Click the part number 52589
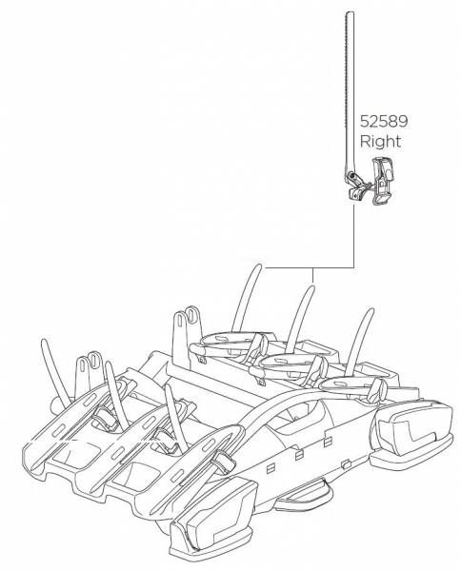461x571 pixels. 384,121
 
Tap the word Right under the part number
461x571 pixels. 380,141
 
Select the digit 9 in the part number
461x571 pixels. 403,121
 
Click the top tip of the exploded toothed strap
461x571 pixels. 350,12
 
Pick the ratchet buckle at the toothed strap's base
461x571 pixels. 354,187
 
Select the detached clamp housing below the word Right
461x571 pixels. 382,181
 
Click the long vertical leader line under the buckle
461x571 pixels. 353,236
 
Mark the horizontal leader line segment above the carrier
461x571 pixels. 310,268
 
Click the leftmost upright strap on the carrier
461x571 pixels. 54,369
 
